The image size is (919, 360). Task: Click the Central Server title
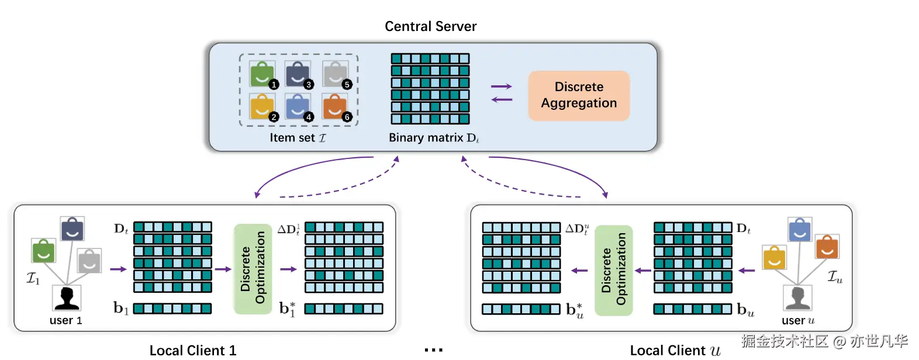(430, 26)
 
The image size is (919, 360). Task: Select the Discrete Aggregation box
(579, 95)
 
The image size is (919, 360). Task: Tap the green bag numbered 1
(262, 74)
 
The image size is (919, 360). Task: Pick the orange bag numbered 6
(335, 107)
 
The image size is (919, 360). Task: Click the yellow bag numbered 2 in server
(262, 107)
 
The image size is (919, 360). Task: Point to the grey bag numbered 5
(335, 74)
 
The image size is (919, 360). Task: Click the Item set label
(298, 138)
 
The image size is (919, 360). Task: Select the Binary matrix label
(433, 138)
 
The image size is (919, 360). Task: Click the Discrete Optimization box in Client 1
(253, 269)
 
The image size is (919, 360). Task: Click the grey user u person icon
(797, 298)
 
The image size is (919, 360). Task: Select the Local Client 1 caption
(193, 350)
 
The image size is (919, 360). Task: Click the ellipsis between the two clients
(433, 350)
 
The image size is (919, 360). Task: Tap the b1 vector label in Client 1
(120, 308)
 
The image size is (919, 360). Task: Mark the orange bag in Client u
(827, 247)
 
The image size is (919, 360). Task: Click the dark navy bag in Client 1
(72, 229)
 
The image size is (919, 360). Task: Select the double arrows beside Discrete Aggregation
(502, 93)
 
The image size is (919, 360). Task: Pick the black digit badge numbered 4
(309, 117)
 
